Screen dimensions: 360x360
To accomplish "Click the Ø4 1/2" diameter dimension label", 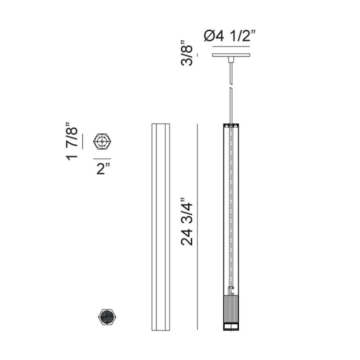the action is [230, 36].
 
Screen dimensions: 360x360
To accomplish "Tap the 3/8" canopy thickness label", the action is [186, 53].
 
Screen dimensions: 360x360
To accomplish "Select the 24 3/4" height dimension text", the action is [186, 221].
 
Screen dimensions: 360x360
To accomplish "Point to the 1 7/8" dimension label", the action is [71, 141].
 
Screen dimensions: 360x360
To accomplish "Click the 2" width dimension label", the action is [103, 169].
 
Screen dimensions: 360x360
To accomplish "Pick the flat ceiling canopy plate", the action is [231, 55].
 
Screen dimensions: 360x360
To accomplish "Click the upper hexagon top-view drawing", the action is [102, 141].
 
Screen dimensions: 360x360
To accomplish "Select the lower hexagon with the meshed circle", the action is [107, 317].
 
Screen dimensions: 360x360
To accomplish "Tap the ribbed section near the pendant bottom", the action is [231, 309].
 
